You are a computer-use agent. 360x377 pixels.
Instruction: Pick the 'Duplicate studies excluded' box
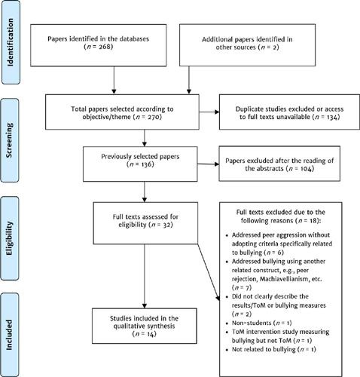pyautogui.click(x=279, y=113)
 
